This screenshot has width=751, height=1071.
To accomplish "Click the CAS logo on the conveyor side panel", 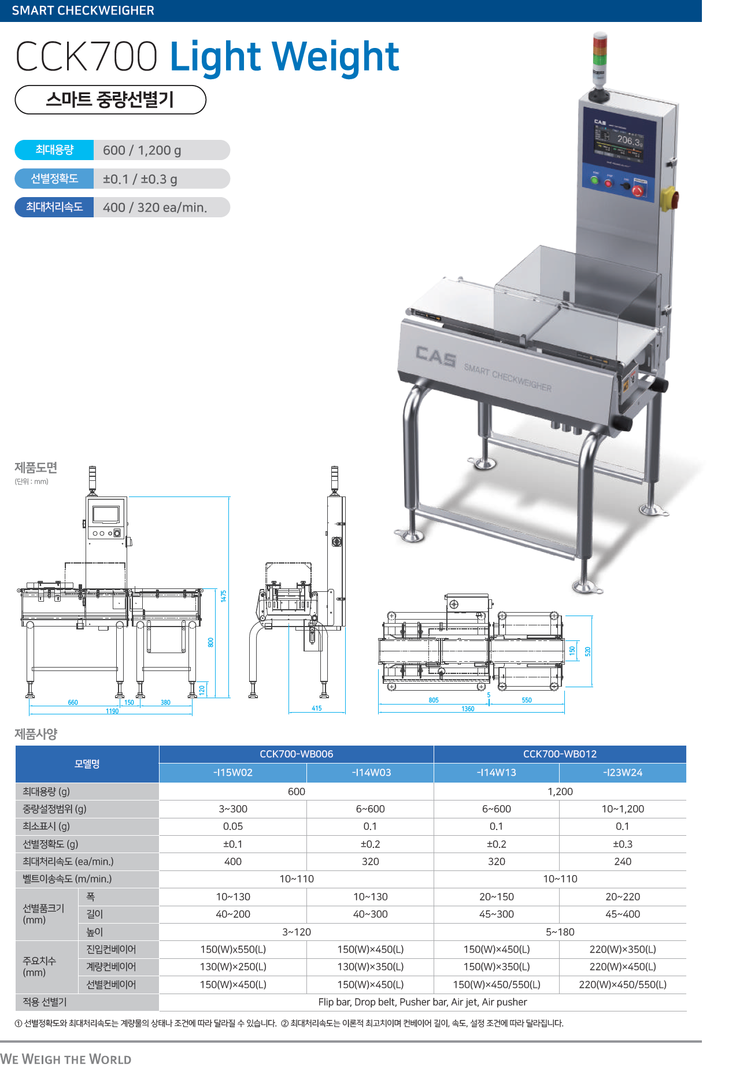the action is [x=436, y=356].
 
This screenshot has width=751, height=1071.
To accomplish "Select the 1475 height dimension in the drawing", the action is [x=224, y=596].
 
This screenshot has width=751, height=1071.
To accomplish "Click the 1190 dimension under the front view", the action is [x=112, y=711].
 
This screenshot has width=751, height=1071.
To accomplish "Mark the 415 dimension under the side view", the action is [x=317, y=708].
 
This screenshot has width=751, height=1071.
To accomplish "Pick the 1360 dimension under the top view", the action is [x=468, y=709].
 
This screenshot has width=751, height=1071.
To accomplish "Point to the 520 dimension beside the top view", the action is [x=588, y=651].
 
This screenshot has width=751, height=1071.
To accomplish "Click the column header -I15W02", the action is [x=232, y=773].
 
